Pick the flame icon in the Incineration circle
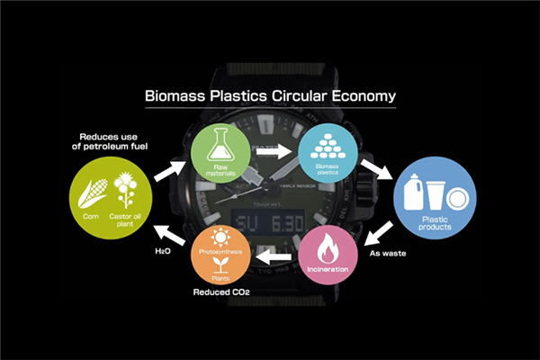(328, 251)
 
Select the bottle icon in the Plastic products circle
(411, 192)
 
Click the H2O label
(162, 253)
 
